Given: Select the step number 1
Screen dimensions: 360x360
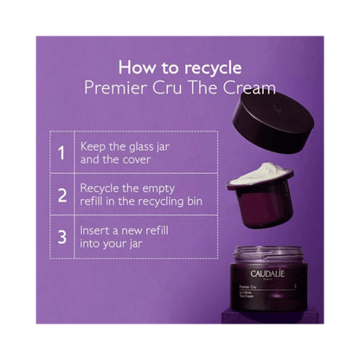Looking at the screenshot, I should pyautogui.click(x=61, y=154).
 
